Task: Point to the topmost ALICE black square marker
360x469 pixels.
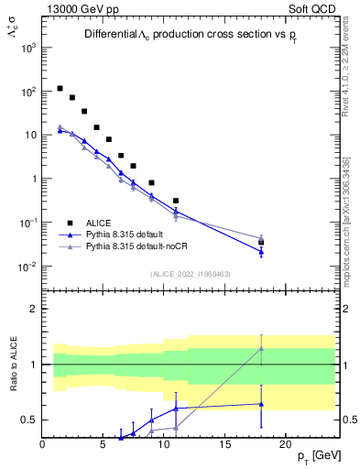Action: pyautogui.click(x=60, y=89)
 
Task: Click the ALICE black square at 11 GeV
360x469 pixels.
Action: pyautogui.click(x=176, y=201)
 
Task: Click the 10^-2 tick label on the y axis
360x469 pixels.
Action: pyautogui.click(x=27, y=267)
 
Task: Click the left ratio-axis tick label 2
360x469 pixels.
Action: pyautogui.click(x=33, y=309)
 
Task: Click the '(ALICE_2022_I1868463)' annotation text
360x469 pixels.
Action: pyautogui.click(x=189, y=274)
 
